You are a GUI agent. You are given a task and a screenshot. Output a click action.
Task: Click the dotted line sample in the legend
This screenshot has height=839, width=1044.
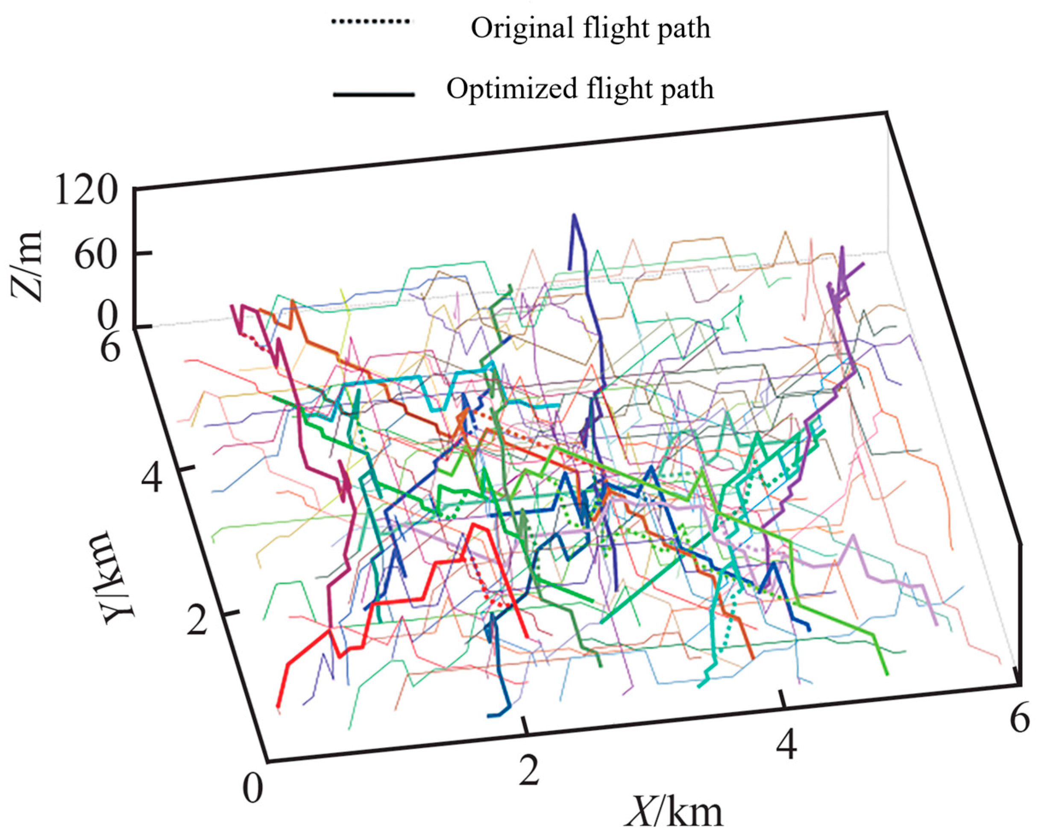(370, 22)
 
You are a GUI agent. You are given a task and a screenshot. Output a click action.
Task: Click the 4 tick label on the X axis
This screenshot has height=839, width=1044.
(786, 745)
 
